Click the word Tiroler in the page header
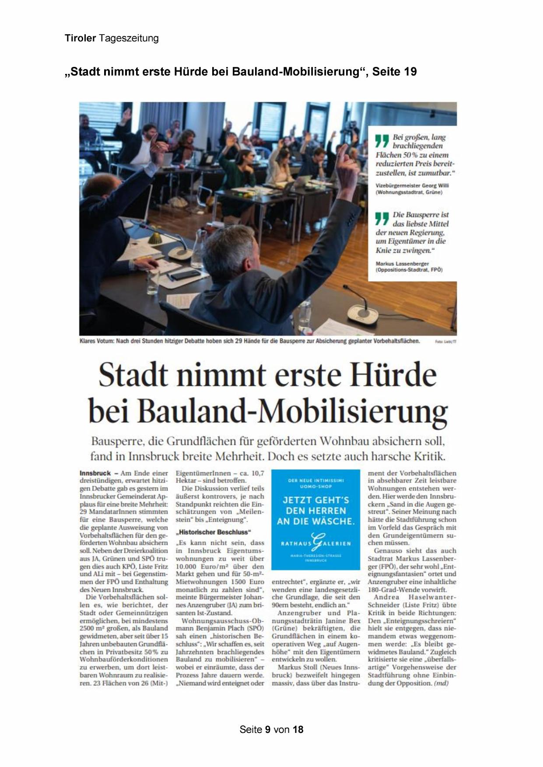tap(80, 38)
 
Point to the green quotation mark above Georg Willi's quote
tap(382, 140)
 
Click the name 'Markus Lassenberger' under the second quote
tap(402, 264)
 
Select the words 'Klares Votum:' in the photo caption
tap(97, 341)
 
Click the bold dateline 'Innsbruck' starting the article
tap(95, 473)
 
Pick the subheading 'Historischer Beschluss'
tap(213, 532)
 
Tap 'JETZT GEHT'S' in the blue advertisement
tap(315, 500)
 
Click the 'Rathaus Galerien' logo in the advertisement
tap(315, 543)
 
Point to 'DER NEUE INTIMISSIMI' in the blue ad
tap(315, 481)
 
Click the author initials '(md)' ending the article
tap(441, 683)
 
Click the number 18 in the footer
tap(298, 729)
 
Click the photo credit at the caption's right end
tap(445, 342)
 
